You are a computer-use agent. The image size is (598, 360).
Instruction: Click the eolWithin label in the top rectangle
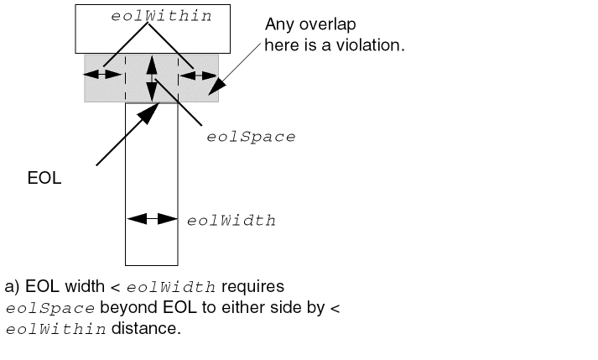coord(161,16)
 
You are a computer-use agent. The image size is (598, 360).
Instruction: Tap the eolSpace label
coord(251,137)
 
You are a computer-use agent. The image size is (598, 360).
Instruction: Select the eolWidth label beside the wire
coord(231,221)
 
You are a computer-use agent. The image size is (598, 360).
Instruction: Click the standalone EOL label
coord(44,178)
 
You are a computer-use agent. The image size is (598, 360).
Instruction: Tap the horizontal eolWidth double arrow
coord(152,219)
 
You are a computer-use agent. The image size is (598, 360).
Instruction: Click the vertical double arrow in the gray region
coord(152,78)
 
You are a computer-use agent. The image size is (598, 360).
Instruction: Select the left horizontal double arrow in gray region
coord(102,74)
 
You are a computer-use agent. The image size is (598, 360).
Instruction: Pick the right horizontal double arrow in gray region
coord(198,76)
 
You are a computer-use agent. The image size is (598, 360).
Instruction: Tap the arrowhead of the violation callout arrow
coord(216,86)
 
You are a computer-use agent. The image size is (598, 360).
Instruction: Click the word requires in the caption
coord(252,287)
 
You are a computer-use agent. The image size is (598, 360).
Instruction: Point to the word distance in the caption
coord(146,328)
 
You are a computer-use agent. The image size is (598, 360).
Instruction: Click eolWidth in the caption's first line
coord(171,287)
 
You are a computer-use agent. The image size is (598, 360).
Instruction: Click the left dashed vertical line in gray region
coord(126,78)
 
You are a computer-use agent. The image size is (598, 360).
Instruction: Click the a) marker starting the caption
coord(12,287)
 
